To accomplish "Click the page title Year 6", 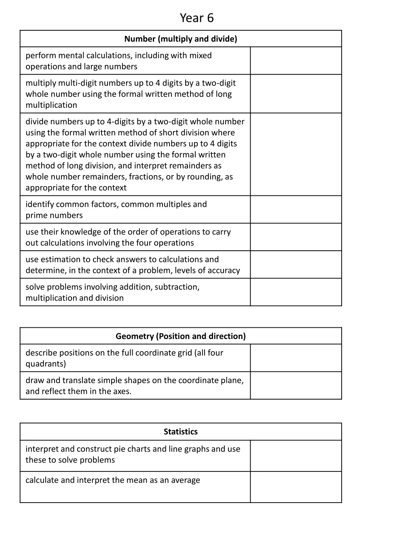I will pyautogui.click(x=196, y=18).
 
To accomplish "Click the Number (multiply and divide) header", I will pyautogui.click(x=181, y=39).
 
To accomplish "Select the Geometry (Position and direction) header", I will pyautogui.click(x=181, y=336).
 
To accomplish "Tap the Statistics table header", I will pyautogui.click(x=181, y=432).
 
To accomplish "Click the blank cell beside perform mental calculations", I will pyautogui.click(x=296, y=61).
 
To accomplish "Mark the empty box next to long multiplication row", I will pyautogui.click(x=296, y=94).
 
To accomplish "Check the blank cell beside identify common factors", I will pyautogui.click(x=296, y=210).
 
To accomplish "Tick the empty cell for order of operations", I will pyautogui.click(x=296, y=237).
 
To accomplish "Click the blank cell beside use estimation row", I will pyautogui.click(x=296, y=265).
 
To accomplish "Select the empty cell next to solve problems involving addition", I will pyautogui.click(x=296, y=292).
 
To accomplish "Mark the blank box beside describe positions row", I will pyautogui.click(x=296, y=358).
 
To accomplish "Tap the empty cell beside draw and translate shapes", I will pyautogui.click(x=296, y=385).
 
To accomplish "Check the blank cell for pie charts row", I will pyautogui.click(x=296, y=456).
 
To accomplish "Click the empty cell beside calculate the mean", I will pyautogui.click(x=296, y=487).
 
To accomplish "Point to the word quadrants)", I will pyautogui.click(x=46, y=364).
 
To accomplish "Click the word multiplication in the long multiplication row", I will pyautogui.click(x=51, y=105).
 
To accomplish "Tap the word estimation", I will pyautogui.click(x=59, y=260).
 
